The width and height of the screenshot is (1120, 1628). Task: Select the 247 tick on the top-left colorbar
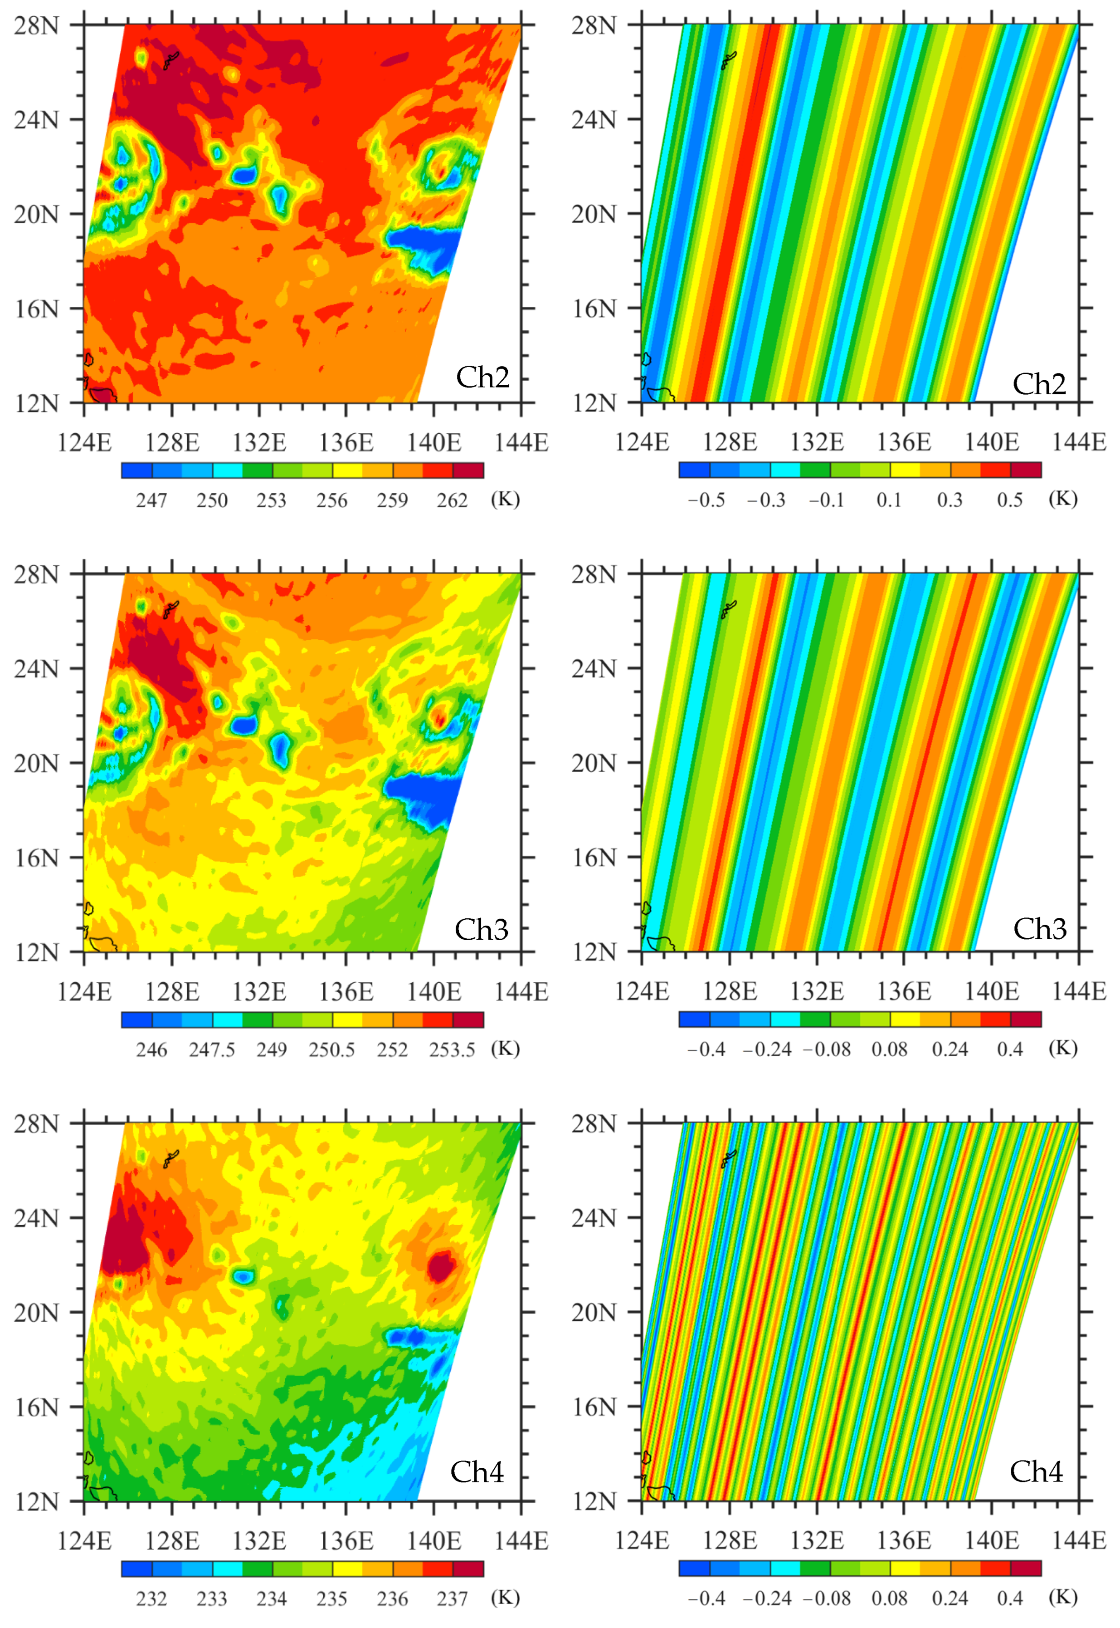click(151, 500)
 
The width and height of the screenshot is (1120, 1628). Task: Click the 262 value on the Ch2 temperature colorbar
click(452, 500)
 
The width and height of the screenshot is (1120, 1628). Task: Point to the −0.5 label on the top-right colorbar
click(706, 500)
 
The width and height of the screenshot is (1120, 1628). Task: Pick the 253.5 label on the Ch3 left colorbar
click(452, 1049)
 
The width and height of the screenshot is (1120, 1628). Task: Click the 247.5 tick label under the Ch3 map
click(211, 1049)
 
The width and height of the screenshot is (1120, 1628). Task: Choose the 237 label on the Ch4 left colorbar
click(452, 1599)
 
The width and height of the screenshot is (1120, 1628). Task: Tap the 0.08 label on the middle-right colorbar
click(889, 1049)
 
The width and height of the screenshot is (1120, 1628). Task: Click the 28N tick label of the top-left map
click(36, 25)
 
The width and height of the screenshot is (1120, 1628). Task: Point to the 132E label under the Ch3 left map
click(259, 992)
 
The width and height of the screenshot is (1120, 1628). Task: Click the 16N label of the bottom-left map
click(36, 1407)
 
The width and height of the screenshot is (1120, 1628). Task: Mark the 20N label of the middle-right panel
click(594, 763)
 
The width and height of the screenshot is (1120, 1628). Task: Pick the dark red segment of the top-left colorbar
click(468, 471)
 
